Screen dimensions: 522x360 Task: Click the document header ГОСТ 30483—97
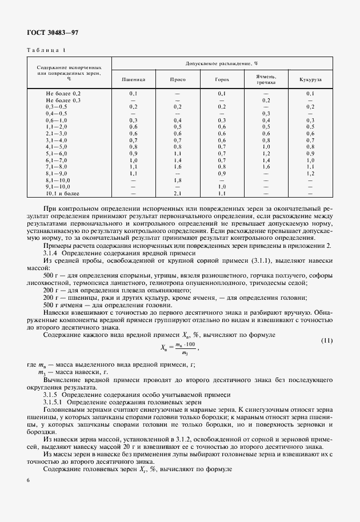click(52, 33)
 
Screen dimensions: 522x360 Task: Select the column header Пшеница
click(133, 79)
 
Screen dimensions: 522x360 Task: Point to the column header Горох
click(222, 79)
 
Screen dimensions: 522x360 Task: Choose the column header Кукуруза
click(310, 79)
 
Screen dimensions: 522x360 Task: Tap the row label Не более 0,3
click(63, 100)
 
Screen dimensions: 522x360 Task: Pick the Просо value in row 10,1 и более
click(178, 194)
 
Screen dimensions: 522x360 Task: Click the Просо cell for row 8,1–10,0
click(178, 180)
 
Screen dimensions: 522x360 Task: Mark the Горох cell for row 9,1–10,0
click(222, 187)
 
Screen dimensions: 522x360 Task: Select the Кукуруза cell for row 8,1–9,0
click(310, 173)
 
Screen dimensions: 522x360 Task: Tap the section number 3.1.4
click(53, 252)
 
